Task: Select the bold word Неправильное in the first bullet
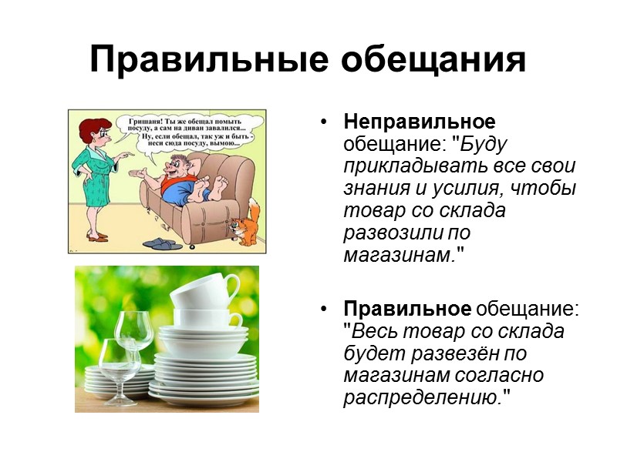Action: [419, 122]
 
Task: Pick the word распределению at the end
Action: [426, 398]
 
